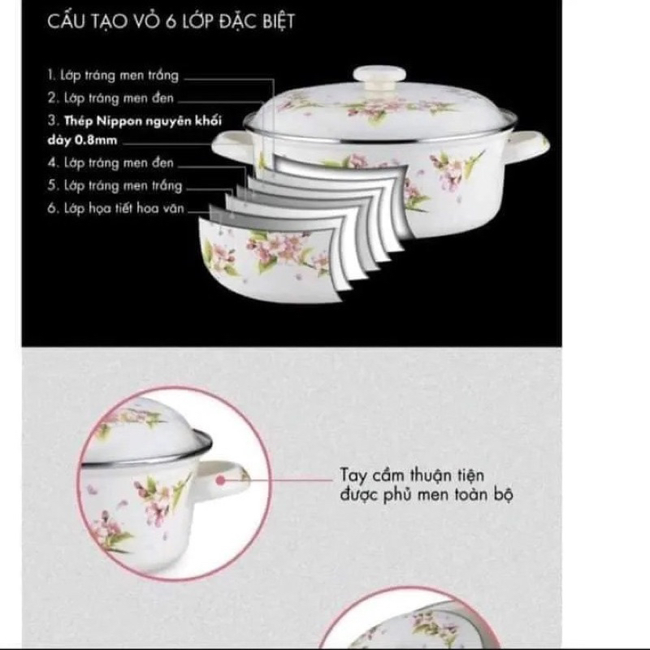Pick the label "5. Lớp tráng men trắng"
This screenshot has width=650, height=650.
pyautogui.click(x=114, y=185)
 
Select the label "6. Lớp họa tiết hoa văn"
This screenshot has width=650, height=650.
pyautogui.click(x=115, y=209)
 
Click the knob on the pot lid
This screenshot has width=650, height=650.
pyautogui.click(x=384, y=76)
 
